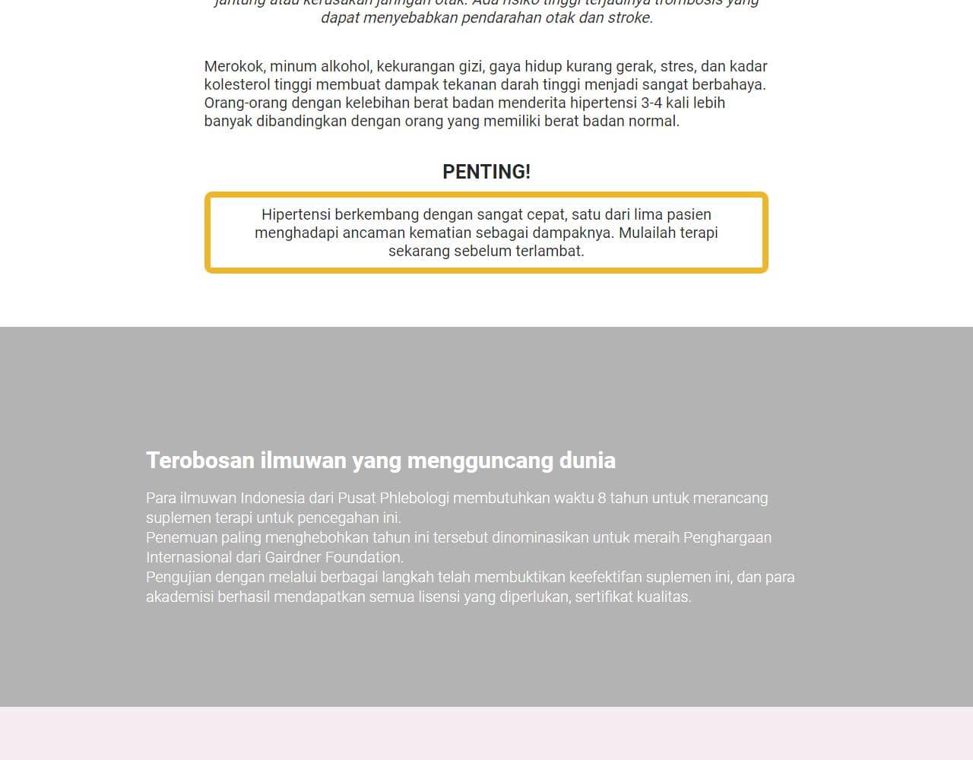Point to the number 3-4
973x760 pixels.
point(651,103)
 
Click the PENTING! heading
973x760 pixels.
point(486,172)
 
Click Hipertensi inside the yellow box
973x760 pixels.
point(296,214)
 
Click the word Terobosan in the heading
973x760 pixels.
point(200,461)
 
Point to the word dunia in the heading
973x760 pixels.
point(588,461)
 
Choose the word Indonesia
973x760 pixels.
point(272,498)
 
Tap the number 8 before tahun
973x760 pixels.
point(602,498)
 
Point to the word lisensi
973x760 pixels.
point(435,597)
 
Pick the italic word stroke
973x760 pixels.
point(629,17)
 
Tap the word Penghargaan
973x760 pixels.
point(727,537)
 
